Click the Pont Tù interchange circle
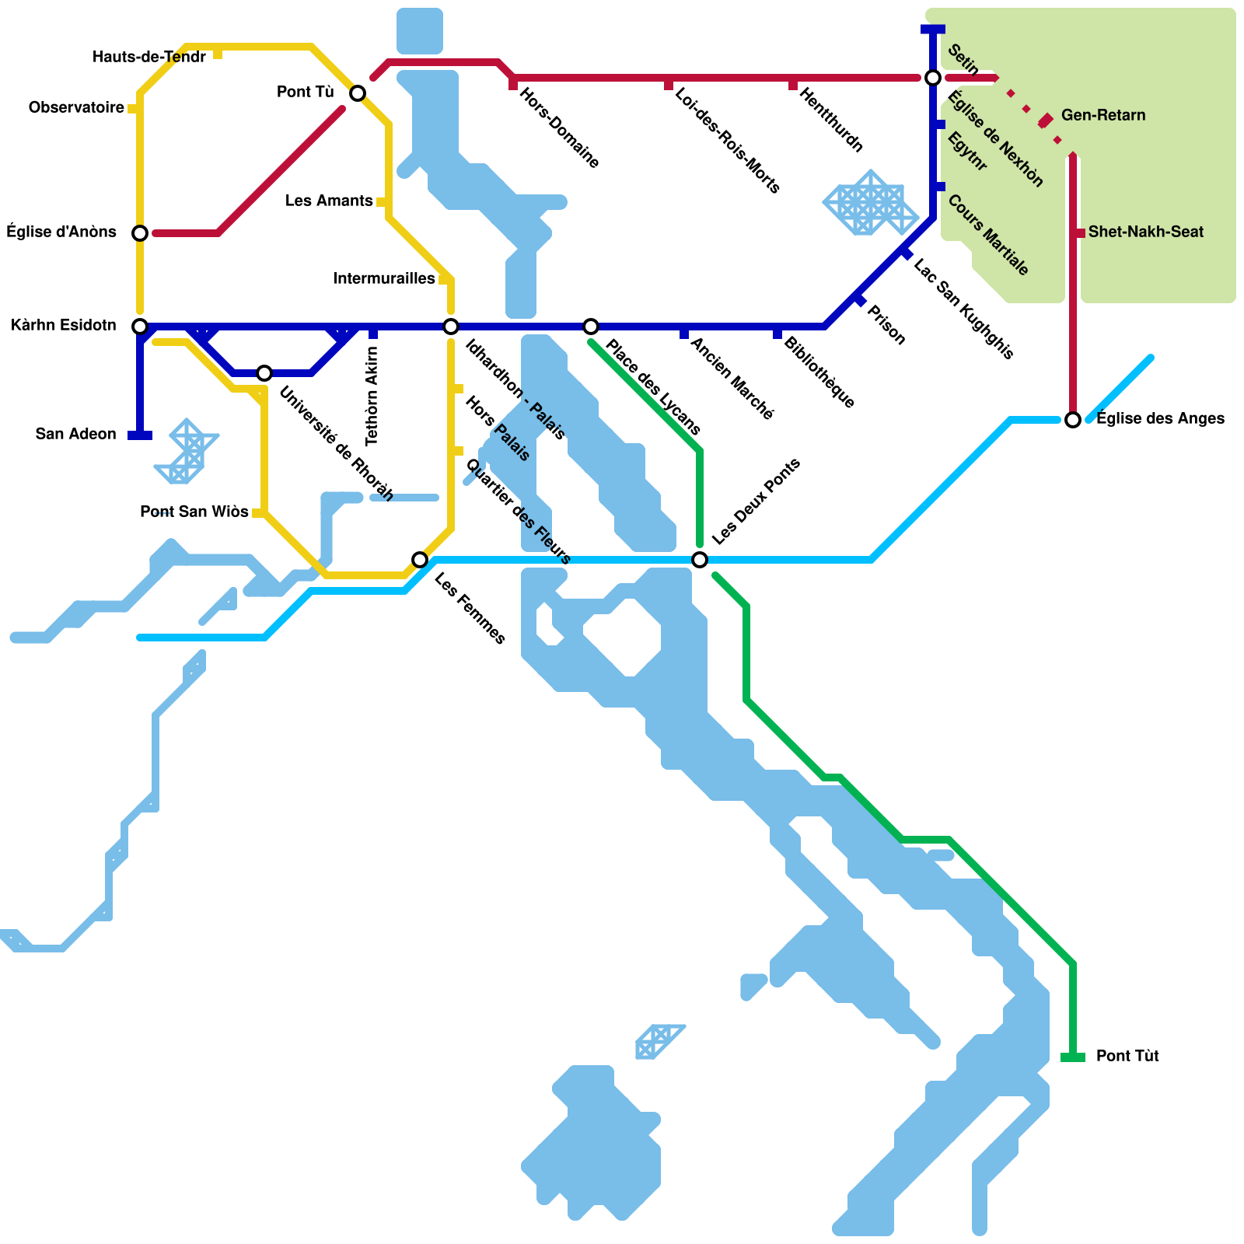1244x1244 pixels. coord(358,93)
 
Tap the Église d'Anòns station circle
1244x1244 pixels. coord(140,232)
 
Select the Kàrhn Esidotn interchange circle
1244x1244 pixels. coord(140,326)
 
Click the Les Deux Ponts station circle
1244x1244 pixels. coord(700,559)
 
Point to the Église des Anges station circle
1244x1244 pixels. coord(1073,420)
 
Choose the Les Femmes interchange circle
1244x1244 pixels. coord(420,559)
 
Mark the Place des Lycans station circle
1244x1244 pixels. coord(591,326)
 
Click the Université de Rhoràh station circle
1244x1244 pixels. coord(264,373)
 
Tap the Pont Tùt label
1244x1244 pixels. coord(1127,1056)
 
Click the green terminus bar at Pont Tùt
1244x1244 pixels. coord(1073,1057)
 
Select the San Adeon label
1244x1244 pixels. coord(75,434)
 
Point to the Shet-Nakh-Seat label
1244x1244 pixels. coord(1145,232)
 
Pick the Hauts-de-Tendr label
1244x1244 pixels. coord(149,57)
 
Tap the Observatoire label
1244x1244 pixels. coord(76,107)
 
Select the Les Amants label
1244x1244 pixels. coord(329,201)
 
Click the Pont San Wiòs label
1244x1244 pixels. coord(194,512)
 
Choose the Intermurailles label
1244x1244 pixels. coord(384,278)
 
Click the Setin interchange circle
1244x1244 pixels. coord(933,77)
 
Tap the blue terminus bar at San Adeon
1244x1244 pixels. coord(140,435)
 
